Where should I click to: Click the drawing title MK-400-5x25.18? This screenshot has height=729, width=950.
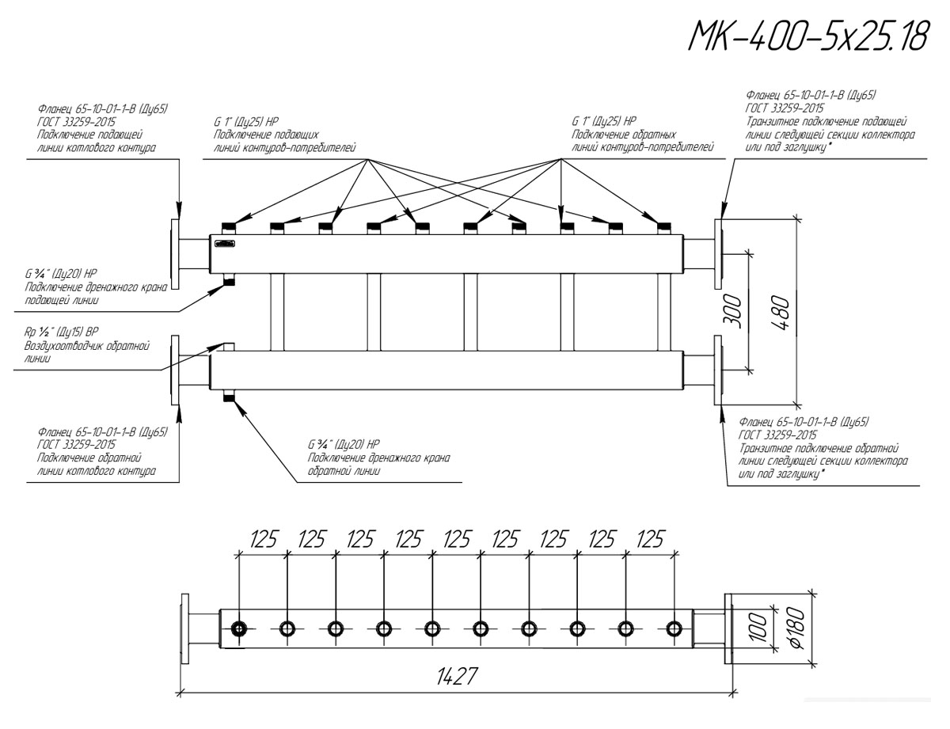(808, 36)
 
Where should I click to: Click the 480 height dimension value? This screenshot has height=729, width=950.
(781, 313)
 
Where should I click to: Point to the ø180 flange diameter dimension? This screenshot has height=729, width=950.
(797, 629)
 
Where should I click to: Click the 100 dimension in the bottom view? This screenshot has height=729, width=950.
(759, 628)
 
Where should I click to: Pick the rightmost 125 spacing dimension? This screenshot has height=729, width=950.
(650, 539)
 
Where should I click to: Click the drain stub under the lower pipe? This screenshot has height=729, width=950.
(229, 396)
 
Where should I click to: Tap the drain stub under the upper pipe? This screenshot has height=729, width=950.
(229, 279)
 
